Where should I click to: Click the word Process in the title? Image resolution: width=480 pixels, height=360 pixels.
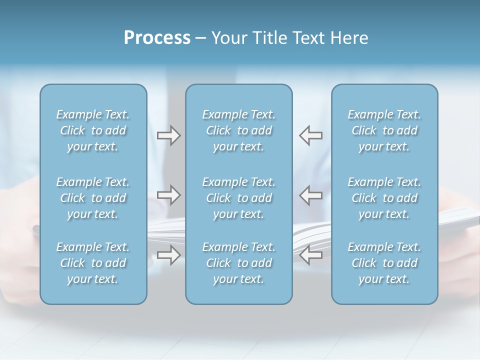(x=157, y=38)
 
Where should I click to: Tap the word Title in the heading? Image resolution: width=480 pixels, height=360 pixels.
(x=272, y=38)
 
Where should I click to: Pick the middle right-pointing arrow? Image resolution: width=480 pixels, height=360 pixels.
(x=169, y=195)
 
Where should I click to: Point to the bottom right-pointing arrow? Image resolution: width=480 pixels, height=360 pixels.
(x=169, y=255)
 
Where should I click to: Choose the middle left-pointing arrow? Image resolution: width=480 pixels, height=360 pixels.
(x=310, y=195)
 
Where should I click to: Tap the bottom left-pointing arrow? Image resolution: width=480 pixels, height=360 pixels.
(x=310, y=255)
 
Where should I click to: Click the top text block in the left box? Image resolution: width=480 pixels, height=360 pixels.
(x=93, y=130)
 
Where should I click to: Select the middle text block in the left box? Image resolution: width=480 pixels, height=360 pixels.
(x=93, y=198)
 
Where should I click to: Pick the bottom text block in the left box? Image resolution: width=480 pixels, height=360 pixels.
(x=93, y=263)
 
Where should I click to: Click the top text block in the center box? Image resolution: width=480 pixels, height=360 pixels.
(x=238, y=130)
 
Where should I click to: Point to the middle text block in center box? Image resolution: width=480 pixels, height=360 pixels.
(x=238, y=198)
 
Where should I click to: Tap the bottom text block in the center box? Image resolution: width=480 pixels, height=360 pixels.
(x=238, y=263)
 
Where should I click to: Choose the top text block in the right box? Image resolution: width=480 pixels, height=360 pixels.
(x=384, y=130)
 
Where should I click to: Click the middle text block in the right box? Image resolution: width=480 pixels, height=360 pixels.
(x=384, y=198)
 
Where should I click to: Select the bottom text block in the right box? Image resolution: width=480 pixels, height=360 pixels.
(x=384, y=263)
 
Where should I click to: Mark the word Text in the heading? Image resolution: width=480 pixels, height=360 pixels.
(x=308, y=38)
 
